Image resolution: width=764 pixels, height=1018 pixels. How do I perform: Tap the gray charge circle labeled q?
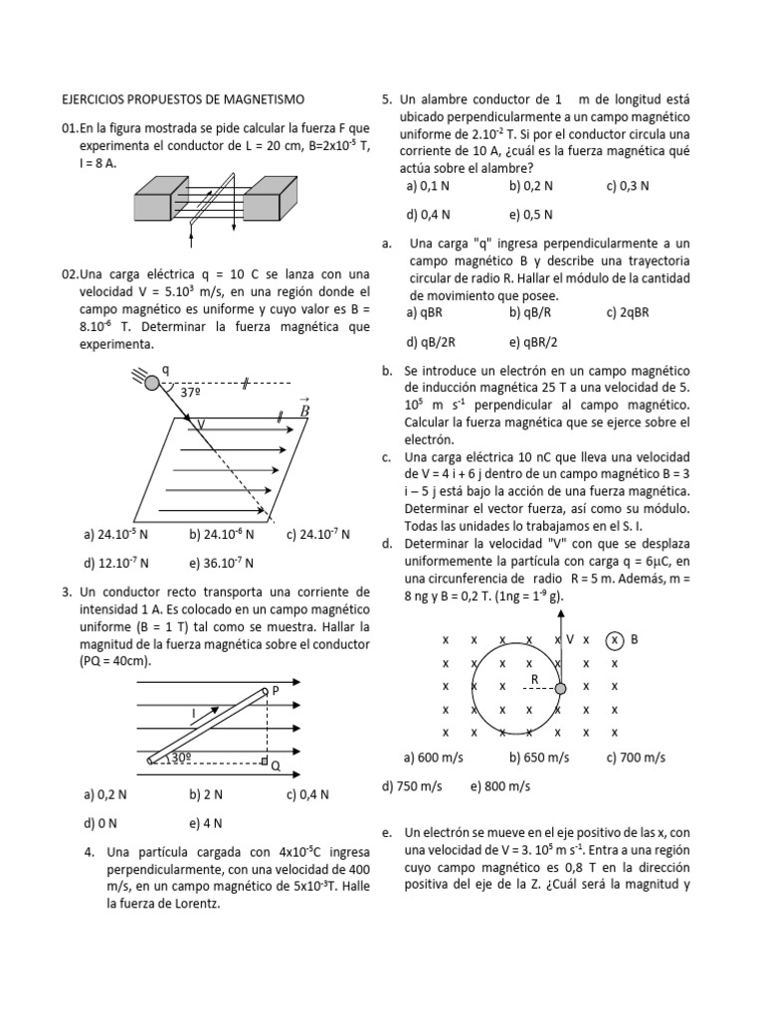(151, 381)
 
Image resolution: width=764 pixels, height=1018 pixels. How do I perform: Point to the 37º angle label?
(192, 393)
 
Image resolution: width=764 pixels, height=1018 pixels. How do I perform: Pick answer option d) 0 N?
(100, 823)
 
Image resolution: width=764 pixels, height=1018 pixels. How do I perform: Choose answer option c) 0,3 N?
(627, 185)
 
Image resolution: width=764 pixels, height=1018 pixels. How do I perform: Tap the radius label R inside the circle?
(534, 679)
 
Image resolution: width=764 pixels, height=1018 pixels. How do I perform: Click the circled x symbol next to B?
(616, 639)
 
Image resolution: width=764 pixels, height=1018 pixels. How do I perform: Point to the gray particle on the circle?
(560, 688)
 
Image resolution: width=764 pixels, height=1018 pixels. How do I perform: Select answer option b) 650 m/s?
(539, 758)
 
